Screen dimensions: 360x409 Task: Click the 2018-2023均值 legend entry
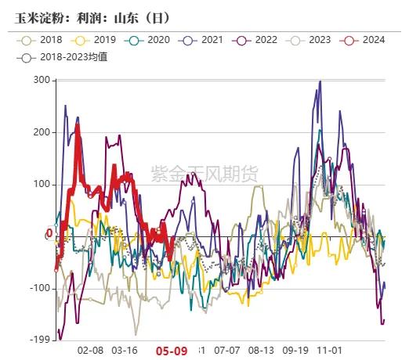tap(65, 56)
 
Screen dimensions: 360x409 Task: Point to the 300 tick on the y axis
tap(41, 80)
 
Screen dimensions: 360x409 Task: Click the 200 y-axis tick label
tap(41, 132)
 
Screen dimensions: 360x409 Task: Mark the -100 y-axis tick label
tap(38, 288)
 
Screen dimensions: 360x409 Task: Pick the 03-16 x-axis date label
tap(125, 351)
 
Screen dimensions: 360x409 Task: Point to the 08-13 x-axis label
tap(261, 351)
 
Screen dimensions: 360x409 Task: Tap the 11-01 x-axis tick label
tap(330, 351)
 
